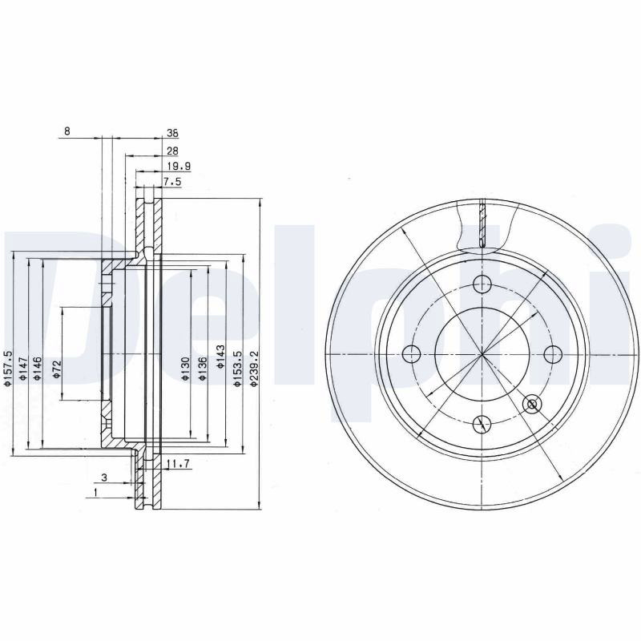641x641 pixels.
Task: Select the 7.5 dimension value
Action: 172,182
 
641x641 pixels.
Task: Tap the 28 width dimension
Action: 172,151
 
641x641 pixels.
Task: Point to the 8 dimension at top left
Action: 67,131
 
